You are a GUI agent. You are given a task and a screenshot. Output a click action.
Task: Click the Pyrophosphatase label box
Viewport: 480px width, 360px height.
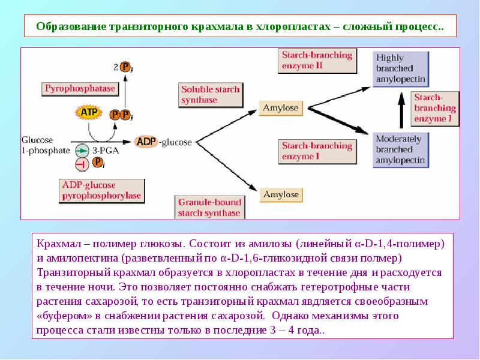(x=79, y=89)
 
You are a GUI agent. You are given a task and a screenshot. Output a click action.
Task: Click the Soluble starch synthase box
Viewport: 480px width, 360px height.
(x=210, y=95)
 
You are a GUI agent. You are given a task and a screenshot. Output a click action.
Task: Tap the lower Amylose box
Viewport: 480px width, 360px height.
(x=281, y=194)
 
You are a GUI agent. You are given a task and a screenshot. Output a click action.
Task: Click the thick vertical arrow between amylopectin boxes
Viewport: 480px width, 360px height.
(x=401, y=109)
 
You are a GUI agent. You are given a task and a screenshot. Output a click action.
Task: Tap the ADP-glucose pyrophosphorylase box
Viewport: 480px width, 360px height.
(x=101, y=190)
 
